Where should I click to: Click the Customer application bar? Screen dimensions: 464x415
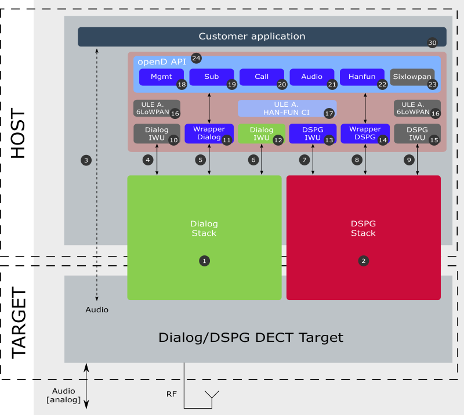tap(262, 37)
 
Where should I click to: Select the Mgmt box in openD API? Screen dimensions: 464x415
tap(162, 77)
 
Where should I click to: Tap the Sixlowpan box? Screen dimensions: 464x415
tap(412, 77)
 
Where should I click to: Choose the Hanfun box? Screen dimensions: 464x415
tap(362, 77)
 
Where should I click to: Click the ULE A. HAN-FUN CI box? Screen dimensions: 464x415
tap(287, 109)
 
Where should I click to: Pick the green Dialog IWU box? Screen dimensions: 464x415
tap(262, 133)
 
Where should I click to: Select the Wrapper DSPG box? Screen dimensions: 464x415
tap(365, 133)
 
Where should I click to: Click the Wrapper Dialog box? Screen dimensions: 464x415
tap(209, 133)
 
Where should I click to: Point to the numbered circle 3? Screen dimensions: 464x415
tap(86, 161)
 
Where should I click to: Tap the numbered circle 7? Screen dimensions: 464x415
tap(304, 160)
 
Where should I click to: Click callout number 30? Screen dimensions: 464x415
tap(432, 42)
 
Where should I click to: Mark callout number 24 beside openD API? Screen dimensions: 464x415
tap(196, 58)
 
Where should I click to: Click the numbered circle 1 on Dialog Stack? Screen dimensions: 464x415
tap(205, 261)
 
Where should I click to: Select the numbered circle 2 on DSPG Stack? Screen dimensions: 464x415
tap(364, 261)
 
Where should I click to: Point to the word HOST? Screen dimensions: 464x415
tap(18, 133)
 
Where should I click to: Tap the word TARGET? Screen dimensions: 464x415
tap(19, 323)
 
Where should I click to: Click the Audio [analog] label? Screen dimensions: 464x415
tap(64, 395)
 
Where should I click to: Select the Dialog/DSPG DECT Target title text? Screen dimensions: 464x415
tap(251, 337)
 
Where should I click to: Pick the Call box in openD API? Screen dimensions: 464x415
tap(262, 77)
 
